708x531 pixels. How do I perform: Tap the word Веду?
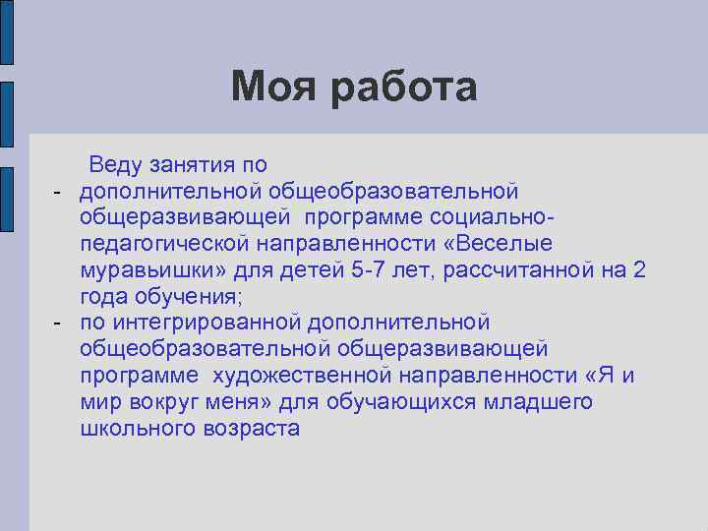point(117,162)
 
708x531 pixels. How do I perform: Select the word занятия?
point(201,162)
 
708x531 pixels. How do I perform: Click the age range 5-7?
point(371,269)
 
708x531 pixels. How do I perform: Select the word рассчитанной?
point(521,269)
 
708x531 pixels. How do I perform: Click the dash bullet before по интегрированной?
point(58,323)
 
